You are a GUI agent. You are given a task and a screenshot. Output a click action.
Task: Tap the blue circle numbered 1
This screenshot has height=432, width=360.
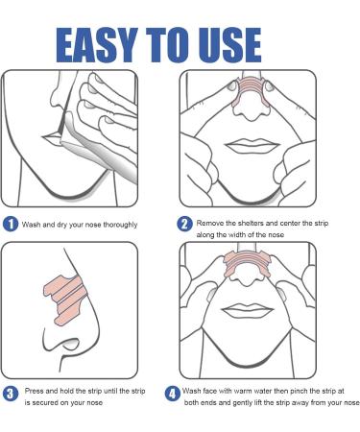click(x=11, y=225)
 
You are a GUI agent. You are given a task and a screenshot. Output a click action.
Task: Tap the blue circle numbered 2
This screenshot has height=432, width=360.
click(x=185, y=224)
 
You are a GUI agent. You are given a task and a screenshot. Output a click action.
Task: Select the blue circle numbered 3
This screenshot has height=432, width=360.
click(x=11, y=393)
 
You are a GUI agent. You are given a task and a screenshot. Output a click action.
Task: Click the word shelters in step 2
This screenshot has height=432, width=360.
click(x=252, y=222)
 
